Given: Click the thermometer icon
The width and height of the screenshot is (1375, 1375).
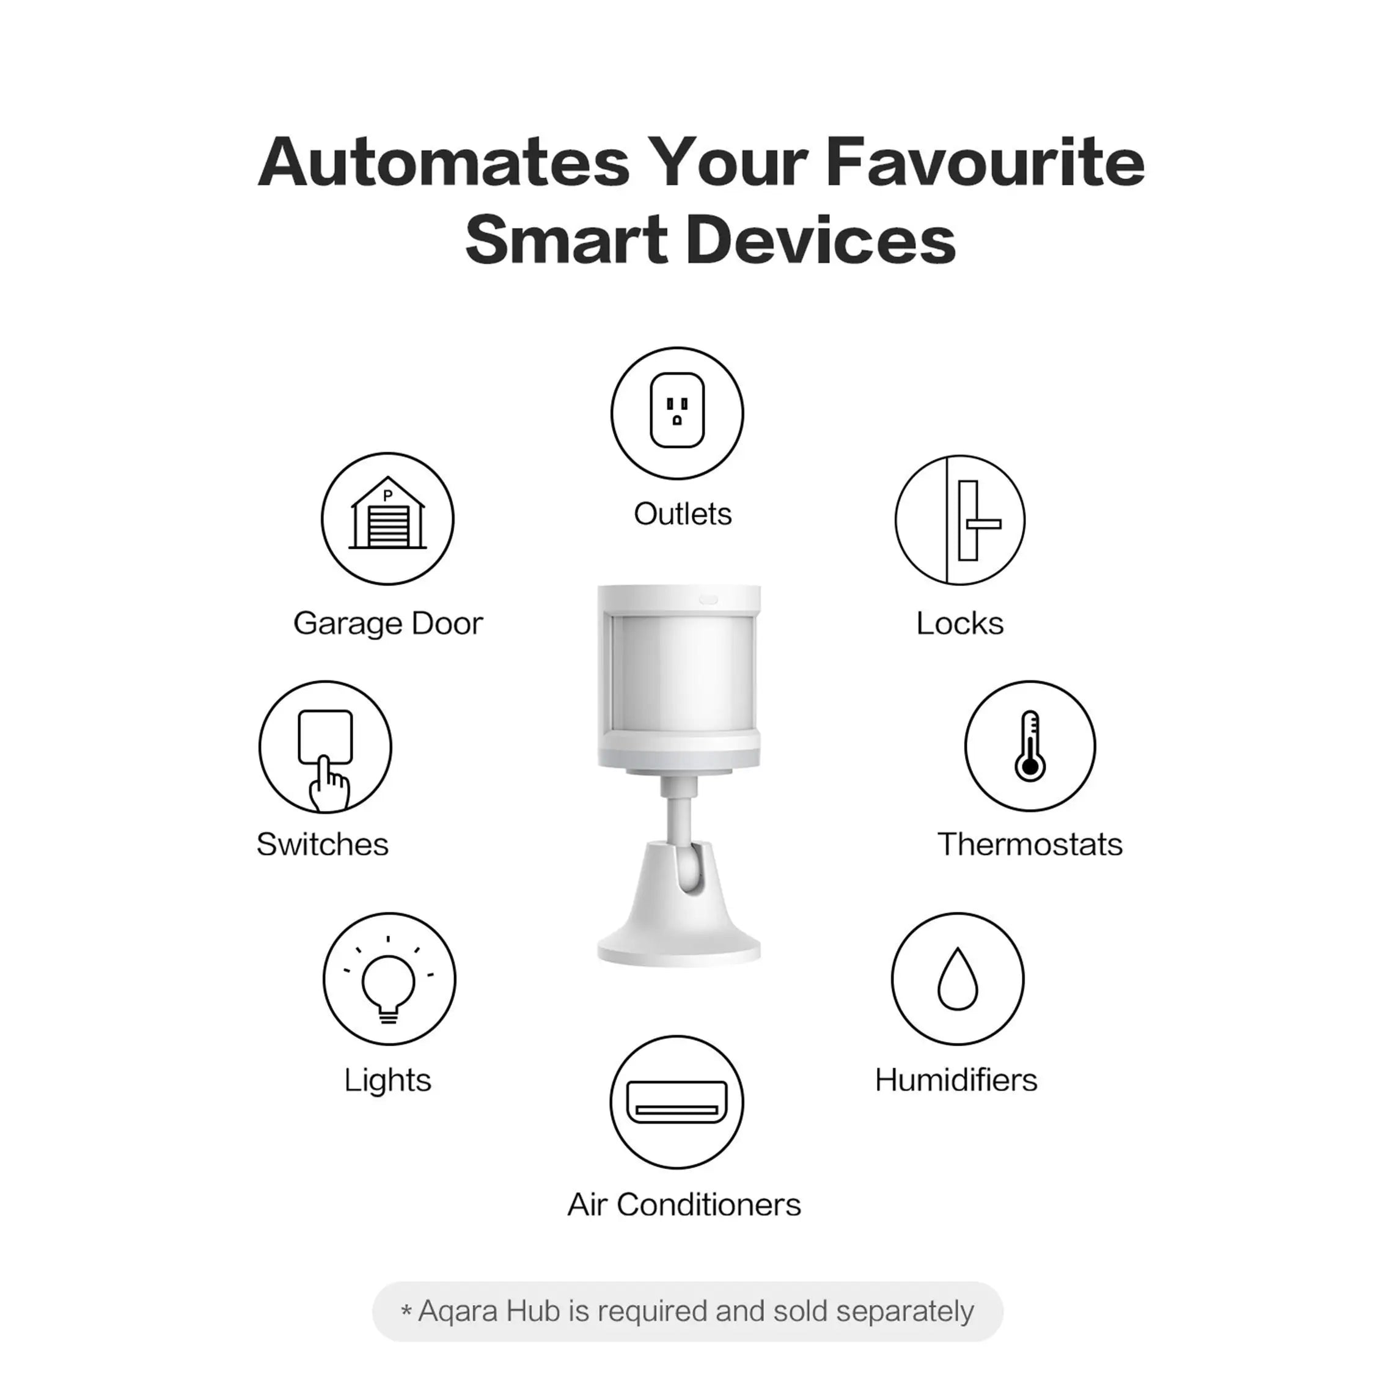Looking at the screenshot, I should tap(1030, 746).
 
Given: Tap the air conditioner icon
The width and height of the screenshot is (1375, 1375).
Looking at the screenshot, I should tap(677, 1102).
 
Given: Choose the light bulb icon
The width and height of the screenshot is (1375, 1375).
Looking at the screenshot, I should tap(389, 979).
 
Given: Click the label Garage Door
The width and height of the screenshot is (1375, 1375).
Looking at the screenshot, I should tap(388, 623).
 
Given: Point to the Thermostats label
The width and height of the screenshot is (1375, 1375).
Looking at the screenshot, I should tap(1030, 845).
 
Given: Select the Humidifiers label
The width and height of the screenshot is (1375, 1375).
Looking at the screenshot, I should tap(956, 1080).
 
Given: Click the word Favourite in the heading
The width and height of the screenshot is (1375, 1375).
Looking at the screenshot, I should tap(985, 163).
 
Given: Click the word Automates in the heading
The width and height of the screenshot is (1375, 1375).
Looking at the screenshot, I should tap(444, 163).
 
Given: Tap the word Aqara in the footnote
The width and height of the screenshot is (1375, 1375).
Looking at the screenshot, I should tap(458, 1311).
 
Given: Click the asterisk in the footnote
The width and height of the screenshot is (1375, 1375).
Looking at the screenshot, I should tap(406, 1310).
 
